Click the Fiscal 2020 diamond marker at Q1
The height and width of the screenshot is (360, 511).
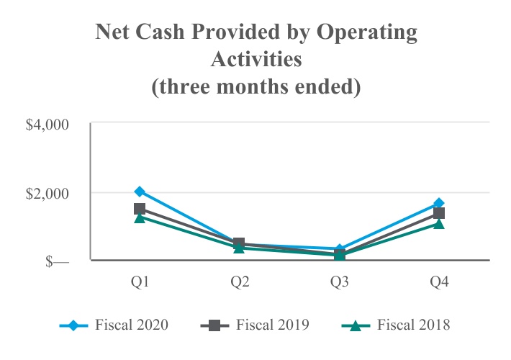[140, 192]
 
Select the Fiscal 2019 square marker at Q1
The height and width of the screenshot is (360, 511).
[140, 209]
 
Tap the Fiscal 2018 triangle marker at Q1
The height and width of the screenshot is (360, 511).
[140, 217]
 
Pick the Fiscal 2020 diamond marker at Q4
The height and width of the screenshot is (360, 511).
[439, 203]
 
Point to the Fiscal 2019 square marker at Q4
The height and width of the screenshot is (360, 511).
[439, 213]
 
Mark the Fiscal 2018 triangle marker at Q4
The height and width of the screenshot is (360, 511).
[439, 224]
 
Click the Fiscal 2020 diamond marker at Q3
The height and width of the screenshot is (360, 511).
[340, 249]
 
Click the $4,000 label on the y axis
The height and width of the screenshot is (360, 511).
[47, 124]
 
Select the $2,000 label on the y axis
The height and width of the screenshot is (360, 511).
[47, 192]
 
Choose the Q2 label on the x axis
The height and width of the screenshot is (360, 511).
[240, 282]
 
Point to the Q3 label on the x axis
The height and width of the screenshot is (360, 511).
[340, 282]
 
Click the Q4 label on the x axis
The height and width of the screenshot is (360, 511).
[439, 282]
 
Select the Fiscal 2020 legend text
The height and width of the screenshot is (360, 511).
[132, 325]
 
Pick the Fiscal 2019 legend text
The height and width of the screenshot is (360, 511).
[273, 325]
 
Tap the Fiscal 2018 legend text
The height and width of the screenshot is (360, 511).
[414, 325]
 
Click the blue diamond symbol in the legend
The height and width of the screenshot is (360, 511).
[73, 325]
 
